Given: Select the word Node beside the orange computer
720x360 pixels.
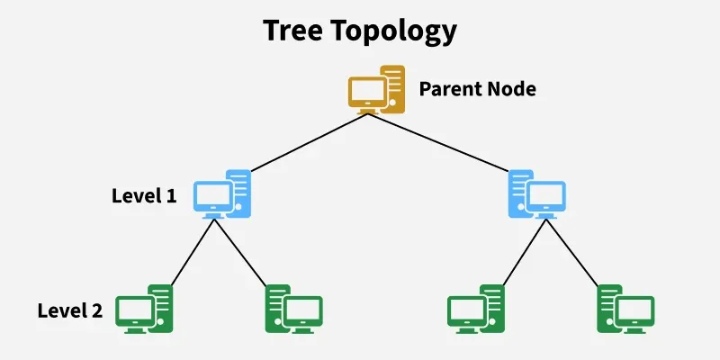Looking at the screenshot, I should [510, 89].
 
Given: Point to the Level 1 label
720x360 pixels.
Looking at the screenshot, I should [144, 195].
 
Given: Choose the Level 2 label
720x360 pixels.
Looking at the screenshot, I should [70, 311].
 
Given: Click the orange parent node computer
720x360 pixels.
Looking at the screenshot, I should [377, 89].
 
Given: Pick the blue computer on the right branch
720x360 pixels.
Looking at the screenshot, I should [536, 194].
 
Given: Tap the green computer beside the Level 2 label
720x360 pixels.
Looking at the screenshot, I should [146, 310].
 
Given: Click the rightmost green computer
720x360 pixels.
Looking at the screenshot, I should [625, 310].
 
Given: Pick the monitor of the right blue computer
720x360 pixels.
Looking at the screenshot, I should [545, 198].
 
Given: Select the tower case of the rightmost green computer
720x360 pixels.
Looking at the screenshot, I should [609, 306].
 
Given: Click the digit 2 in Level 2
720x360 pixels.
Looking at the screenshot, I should [96, 311].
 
